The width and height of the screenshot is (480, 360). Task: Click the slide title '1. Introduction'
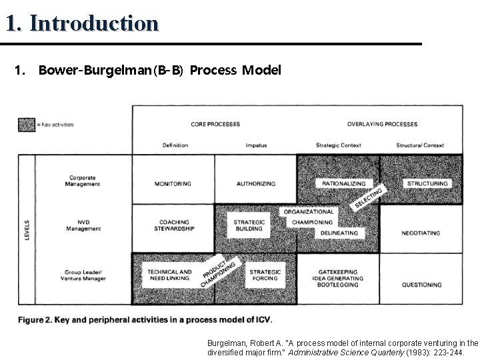pyautogui.click(x=82, y=23)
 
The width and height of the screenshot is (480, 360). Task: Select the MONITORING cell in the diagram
pyautogui.click(x=173, y=184)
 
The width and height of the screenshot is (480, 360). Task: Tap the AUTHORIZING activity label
pyautogui.click(x=256, y=184)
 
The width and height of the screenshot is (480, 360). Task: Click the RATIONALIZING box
pyautogui.click(x=343, y=183)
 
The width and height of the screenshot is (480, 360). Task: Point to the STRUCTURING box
pyautogui.click(x=427, y=183)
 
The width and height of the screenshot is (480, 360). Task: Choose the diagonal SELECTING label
pyautogui.click(x=369, y=198)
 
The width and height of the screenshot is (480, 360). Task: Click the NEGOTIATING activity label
pyautogui.click(x=421, y=233)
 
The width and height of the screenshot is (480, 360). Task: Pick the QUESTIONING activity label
pyautogui.click(x=421, y=285)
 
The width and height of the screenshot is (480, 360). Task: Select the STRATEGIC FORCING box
pyautogui.click(x=265, y=275)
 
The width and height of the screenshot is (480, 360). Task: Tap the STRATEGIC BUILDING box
pyautogui.click(x=249, y=225)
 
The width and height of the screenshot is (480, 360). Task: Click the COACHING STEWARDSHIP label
pyautogui.click(x=175, y=225)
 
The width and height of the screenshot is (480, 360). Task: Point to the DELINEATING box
pyautogui.click(x=339, y=233)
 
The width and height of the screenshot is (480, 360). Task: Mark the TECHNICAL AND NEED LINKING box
pyautogui.click(x=169, y=275)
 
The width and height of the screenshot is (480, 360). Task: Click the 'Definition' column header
pyautogui.click(x=175, y=145)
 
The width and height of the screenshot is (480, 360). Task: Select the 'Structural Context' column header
pyautogui.click(x=419, y=145)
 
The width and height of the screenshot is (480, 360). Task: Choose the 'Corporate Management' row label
pyautogui.click(x=84, y=181)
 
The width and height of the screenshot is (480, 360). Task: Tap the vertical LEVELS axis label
pyautogui.click(x=27, y=230)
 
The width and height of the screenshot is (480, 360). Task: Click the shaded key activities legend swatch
pyautogui.click(x=26, y=124)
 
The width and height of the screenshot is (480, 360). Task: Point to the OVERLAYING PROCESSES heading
pyautogui.click(x=382, y=124)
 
